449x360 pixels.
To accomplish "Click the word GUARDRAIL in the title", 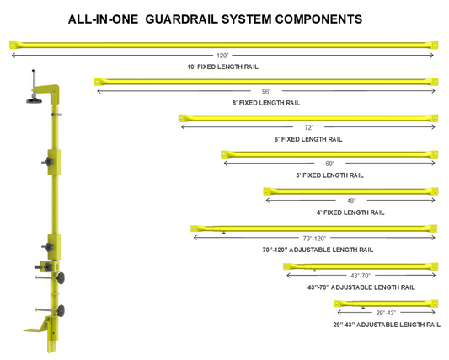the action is pyautogui.click(x=182, y=19).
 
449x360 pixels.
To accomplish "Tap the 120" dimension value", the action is pyautogui.click(x=222, y=56).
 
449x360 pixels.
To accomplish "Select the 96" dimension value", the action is pyautogui.click(x=266, y=91).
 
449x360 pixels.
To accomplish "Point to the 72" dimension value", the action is pyautogui.click(x=309, y=127).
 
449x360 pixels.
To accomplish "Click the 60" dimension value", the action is pyautogui.click(x=330, y=164).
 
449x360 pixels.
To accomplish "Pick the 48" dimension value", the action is pyautogui.click(x=351, y=201).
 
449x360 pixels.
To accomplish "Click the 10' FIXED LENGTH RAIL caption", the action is pyautogui.click(x=222, y=67).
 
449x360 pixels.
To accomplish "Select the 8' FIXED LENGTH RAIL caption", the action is pyautogui.click(x=266, y=103).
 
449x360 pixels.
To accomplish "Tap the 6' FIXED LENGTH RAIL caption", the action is pyautogui.click(x=308, y=139).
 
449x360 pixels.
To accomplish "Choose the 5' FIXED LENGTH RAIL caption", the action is pyautogui.click(x=330, y=175).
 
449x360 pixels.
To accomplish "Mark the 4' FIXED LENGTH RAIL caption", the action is pyautogui.click(x=350, y=212).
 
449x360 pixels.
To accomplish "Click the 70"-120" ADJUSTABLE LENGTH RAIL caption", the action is pyautogui.click(x=318, y=250).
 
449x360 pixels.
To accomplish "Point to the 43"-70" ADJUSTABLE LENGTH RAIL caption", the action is pyautogui.click(x=361, y=287).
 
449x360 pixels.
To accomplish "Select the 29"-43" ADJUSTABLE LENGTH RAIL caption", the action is pyautogui.click(x=387, y=325).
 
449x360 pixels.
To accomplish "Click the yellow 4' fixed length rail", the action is pyautogui.click(x=350, y=191).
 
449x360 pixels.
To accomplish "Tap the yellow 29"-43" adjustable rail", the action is pyautogui.click(x=386, y=304).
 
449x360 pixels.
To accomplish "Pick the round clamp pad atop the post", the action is pyautogui.click(x=34, y=100).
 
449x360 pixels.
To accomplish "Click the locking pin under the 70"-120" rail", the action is pyautogui.click(x=223, y=233).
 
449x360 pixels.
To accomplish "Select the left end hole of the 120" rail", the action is pyautogui.click(x=13, y=45).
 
